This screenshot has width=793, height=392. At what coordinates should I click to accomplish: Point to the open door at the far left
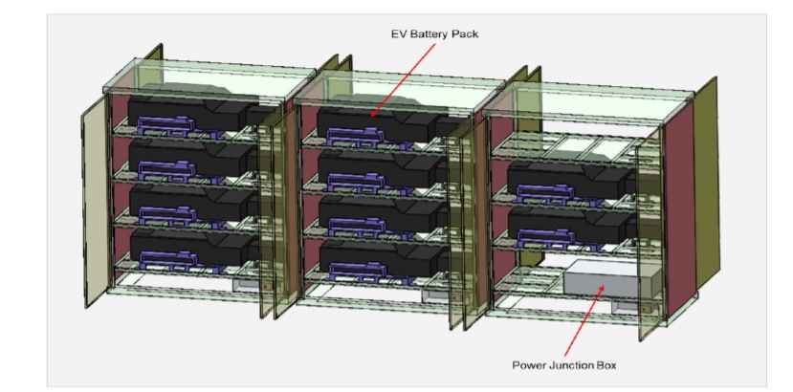tap(96, 201)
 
